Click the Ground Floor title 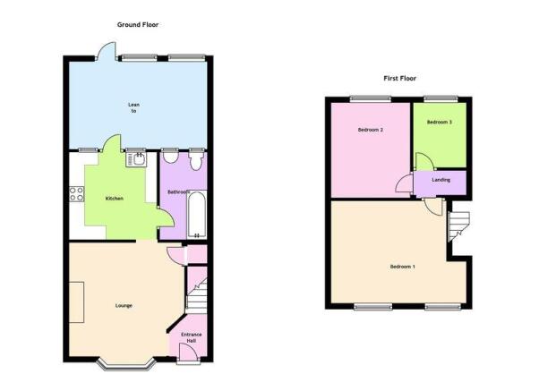click(138, 25)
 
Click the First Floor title click(400, 79)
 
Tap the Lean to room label click(133, 107)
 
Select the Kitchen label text click(114, 199)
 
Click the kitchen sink click(136, 159)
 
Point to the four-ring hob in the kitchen click(77, 194)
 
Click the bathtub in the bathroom click(197, 215)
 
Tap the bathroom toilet click(197, 161)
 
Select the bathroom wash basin click(170, 157)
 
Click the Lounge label click(124, 306)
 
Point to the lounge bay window click(125, 364)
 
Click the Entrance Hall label click(192, 337)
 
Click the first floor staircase click(459, 226)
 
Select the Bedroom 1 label click(403, 267)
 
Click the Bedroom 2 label click(370, 130)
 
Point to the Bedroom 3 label click(440, 122)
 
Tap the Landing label click(441, 180)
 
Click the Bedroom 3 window click(441, 99)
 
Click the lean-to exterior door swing click(106, 51)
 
